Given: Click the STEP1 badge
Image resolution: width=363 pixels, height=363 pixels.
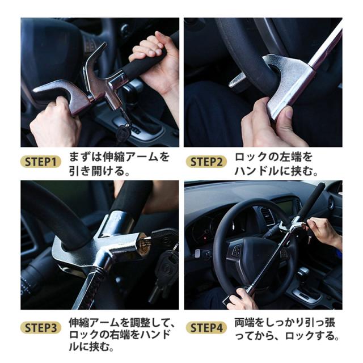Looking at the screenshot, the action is [41, 162].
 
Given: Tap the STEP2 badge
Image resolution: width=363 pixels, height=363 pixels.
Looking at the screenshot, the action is [206, 162].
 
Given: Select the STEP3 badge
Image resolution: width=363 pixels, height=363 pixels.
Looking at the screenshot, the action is [41, 328].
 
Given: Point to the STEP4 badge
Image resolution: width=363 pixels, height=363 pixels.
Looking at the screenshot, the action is [206, 328].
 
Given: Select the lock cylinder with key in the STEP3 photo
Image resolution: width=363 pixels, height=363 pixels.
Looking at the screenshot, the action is [143, 246].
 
